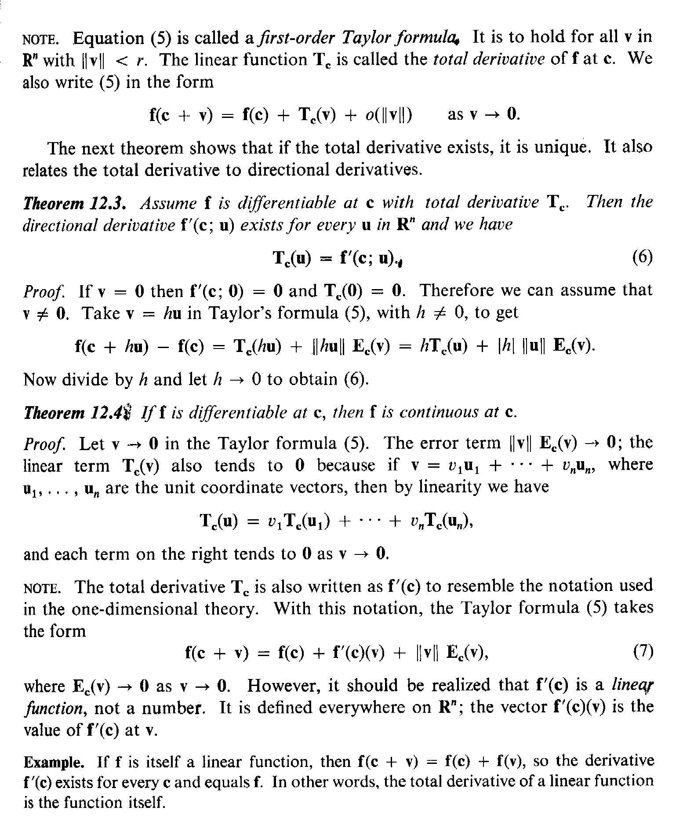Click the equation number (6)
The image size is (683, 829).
(642, 257)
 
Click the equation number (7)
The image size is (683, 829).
(643, 651)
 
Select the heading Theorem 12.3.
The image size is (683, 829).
(75, 203)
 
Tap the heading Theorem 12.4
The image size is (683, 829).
(75, 412)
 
